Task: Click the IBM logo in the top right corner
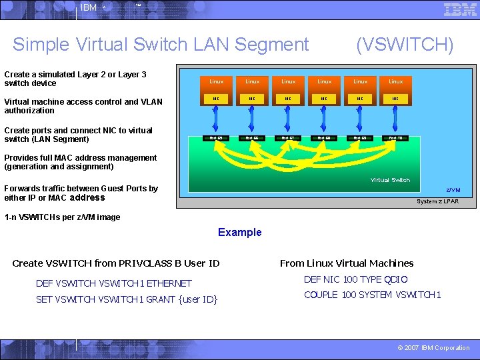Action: tap(460, 9)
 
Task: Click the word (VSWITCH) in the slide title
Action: tap(405, 45)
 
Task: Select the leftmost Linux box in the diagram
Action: tap(217, 81)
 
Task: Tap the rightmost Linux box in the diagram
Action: tap(396, 81)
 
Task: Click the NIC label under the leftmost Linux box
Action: tap(217, 99)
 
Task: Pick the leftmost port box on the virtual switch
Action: tap(217, 138)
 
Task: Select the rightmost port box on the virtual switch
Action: tap(396, 138)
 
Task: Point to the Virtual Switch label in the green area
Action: tap(390, 180)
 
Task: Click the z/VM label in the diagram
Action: tap(453, 190)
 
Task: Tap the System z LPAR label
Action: tap(437, 201)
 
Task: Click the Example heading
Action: tap(239, 233)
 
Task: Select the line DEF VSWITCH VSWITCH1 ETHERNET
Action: tap(113, 283)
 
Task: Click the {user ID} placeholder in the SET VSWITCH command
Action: tap(198, 299)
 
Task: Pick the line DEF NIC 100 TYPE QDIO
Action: tap(355, 280)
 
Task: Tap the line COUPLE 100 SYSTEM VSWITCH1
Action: tap(373, 295)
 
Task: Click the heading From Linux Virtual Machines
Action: tap(346, 263)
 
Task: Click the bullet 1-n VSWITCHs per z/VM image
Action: tap(62, 217)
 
